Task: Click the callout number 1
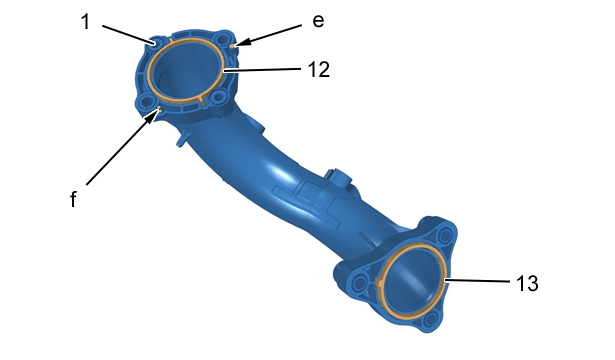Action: click(86, 22)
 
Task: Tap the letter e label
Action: click(318, 21)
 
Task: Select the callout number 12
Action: click(319, 70)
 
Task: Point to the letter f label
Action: click(73, 199)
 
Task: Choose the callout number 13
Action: click(527, 283)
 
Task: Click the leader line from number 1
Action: click(128, 34)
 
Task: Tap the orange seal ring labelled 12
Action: click(224, 71)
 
